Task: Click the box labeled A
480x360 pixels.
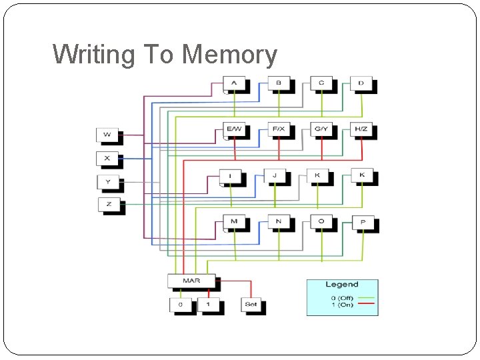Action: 234,83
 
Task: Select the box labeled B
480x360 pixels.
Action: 278,83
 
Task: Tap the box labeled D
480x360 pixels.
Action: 361,83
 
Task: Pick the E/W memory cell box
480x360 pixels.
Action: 234,128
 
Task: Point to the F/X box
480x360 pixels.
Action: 278,128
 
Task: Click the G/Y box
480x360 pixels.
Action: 321,128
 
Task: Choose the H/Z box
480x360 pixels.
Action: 361,128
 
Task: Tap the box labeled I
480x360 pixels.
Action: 231,176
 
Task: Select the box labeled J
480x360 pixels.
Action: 275,175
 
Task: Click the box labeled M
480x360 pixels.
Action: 234,221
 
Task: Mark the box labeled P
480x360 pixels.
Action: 363,222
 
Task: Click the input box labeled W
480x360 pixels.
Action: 107,135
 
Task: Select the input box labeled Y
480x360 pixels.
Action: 108,181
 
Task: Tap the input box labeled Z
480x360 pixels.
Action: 109,204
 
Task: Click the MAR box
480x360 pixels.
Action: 191,281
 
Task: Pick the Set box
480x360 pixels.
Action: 251,305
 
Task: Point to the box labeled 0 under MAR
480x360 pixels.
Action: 180,305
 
